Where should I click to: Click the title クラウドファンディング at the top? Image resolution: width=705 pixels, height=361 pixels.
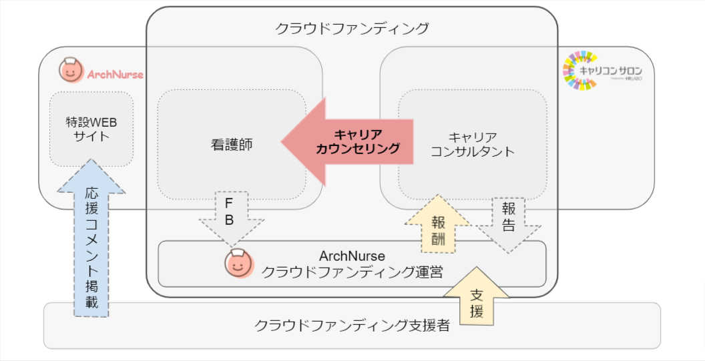click(x=352, y=29)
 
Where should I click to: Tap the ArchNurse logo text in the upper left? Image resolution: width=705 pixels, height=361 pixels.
click(x=115, y=74)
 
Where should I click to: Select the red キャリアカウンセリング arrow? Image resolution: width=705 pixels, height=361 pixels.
click(x=348, y=141)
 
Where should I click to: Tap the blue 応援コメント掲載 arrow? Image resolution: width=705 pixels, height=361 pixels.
click(x=91, y=240)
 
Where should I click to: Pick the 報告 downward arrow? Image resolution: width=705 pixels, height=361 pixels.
click(x=508, y=221)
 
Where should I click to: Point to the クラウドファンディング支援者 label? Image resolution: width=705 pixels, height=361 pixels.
click(x=352, y=326)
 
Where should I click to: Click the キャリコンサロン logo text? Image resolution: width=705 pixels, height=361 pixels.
click(x=614, y=69)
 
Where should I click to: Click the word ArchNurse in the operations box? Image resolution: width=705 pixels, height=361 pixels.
click(x=352, y=256)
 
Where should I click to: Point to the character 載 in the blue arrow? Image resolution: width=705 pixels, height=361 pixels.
click(x=91, y=302)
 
